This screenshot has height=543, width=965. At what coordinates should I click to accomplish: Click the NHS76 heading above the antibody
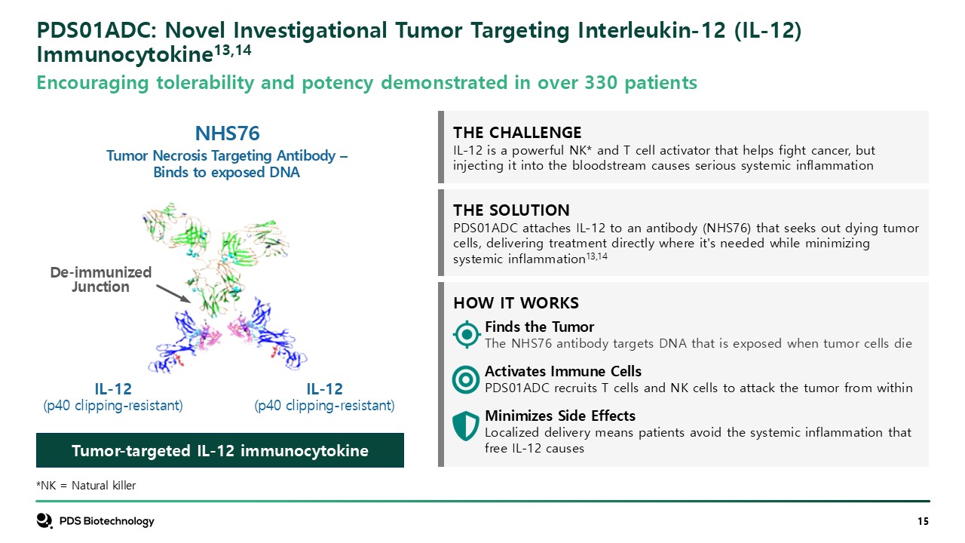click(x=227, y=133)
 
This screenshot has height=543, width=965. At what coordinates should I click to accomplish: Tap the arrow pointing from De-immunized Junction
click(x=173, y=293)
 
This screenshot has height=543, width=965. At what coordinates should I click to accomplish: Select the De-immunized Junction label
click(x=101, y=279)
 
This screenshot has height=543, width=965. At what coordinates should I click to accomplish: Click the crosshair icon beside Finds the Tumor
click(x=466, y=334)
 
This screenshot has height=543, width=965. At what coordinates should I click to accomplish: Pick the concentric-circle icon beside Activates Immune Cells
click(x=466, y=379)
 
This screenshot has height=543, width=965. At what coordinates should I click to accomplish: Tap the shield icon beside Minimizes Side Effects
click(x=466, y=425)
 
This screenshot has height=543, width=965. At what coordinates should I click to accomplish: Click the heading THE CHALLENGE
click(x=517, y=133)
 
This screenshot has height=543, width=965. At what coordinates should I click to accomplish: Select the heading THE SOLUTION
click(x=511, y=210)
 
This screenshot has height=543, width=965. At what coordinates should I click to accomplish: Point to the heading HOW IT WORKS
click(x=516, y=303)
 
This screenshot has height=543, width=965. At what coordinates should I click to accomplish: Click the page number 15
click(x=923, y=521)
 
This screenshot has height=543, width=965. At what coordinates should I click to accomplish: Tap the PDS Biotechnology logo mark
click(x=44, y=520)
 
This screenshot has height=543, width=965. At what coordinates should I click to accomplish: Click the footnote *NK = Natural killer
click(x=86, y=486)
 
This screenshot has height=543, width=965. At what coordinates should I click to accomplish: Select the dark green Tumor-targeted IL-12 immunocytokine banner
click(x=220, y=450)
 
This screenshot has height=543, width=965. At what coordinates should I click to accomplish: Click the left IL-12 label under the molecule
click(x=113, y=389)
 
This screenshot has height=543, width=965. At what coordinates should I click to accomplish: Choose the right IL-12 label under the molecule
click(x=324, y=389)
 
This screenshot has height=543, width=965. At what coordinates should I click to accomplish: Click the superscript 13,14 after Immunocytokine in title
click(x=233, y=51)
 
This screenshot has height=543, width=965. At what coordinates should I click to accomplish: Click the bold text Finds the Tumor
click(x=539, y=327)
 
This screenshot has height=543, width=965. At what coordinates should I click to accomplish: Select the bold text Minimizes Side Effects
click(x=560, y=416)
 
